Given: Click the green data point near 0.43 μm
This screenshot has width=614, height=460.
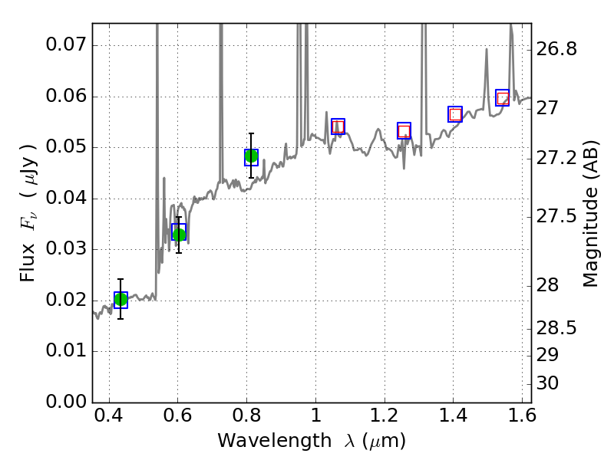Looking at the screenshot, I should [120, 300].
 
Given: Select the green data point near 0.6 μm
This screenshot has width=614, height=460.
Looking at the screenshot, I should [179, 234].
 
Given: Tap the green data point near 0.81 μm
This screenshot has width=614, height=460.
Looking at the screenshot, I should [251, 156].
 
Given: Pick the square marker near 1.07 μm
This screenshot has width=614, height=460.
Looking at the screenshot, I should [338, 127].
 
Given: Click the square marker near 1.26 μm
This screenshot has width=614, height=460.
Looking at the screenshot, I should [404, 131].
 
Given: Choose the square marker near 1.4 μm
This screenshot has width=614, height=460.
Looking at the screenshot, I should [455, 114].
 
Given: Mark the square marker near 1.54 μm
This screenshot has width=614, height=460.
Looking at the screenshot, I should [503, 98].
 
